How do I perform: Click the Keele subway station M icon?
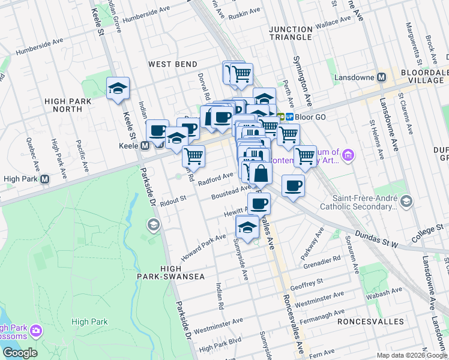[x=144, y=146]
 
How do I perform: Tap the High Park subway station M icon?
[x=44, y=178]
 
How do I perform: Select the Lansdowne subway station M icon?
[x=381, y=77]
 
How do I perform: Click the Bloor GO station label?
[x=310, y=116]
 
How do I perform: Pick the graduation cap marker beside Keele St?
[x=118, y=89]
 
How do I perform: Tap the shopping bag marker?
[x=261, y=175]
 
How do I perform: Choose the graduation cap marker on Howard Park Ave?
[x=247, y=227]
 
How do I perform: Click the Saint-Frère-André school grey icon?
[x=408, y=202]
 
